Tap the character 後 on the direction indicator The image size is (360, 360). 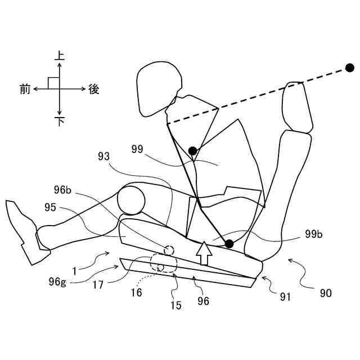coord(94,89)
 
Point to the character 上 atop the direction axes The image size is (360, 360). coord(60,56)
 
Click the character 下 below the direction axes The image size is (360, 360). coord(60,121)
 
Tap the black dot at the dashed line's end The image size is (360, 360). coord(349,68)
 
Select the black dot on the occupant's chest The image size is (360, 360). coord(193,151)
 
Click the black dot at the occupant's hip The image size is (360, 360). coord(229,244)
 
